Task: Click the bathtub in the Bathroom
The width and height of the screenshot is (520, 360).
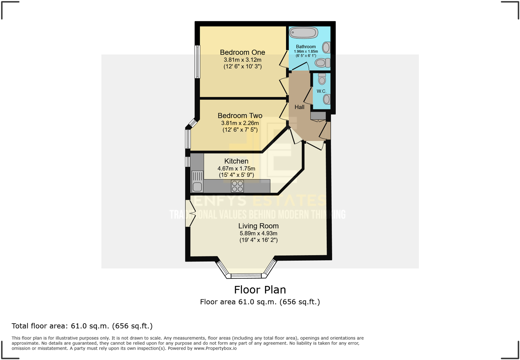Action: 303,33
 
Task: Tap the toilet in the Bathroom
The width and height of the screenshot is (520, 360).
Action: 322,62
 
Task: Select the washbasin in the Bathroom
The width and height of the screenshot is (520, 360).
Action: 326,47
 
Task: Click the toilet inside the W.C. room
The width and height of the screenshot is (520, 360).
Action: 322,79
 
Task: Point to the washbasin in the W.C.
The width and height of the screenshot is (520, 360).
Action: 327,99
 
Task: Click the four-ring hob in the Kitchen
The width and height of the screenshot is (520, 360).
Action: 237,186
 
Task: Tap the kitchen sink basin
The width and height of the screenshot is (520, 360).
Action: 197,187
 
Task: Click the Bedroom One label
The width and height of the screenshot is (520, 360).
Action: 242,52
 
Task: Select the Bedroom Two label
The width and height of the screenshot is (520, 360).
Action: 240,116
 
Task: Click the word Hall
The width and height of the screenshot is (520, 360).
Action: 299,107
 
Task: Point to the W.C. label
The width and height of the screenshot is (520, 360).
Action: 321,91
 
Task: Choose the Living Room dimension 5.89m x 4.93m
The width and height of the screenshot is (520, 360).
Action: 258,234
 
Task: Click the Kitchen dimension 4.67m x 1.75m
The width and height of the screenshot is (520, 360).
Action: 236,168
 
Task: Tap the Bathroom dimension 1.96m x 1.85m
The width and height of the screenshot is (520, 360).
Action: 306,52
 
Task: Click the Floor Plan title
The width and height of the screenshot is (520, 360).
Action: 260,290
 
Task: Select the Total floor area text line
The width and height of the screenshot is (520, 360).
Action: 82,326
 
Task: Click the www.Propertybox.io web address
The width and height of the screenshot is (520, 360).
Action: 215,348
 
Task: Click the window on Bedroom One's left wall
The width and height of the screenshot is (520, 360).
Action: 197,62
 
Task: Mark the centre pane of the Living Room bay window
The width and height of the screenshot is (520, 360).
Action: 246,276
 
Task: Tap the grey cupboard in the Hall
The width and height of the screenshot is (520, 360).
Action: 318,116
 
